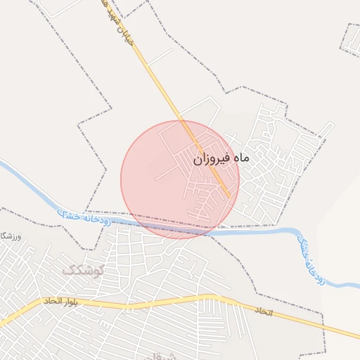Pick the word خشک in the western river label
[67, 212]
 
